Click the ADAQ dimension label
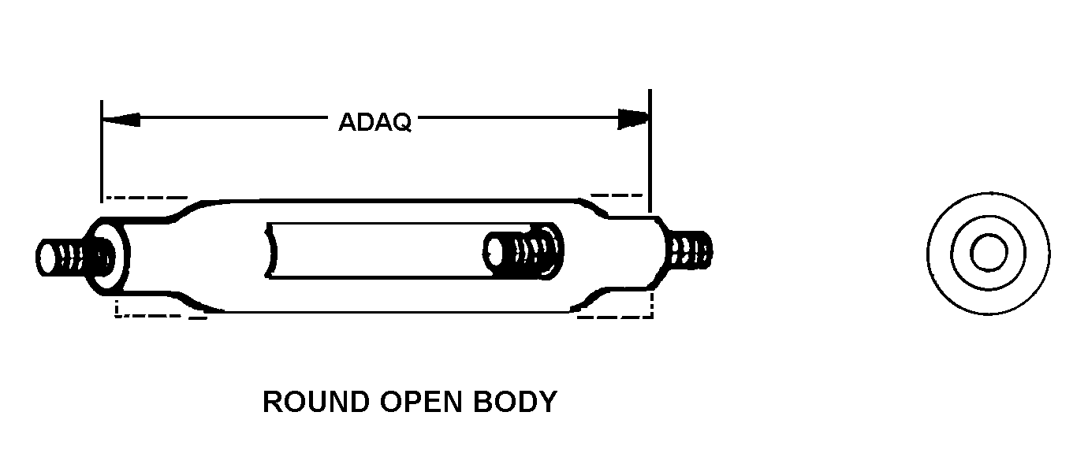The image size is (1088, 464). pyautogui.click(x=374, y=122)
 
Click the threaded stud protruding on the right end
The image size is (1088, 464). pyautogui.click(x=691, y=250)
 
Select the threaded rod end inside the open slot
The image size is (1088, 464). pyautogui.click(x=524, y=251)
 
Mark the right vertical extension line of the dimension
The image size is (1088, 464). pyautogui.click(x=650, y=150)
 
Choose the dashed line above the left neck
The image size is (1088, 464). pyautogui.click(x=146, y=197)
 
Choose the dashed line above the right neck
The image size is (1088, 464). pyautogui.click(x=617, y=195)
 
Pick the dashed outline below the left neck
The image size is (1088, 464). pyautogui.click(x=158, y=317)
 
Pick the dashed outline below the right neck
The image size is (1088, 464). pyautogui.click(x=615, y=317)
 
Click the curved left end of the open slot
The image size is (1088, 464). pyautogui.click(x=274, y=250)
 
